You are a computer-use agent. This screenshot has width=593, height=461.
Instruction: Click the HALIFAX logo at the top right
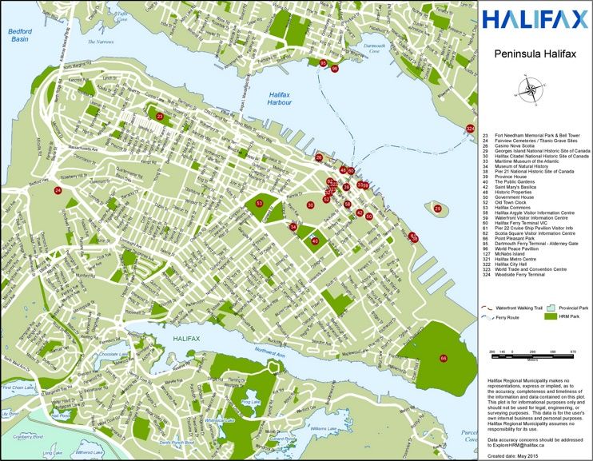[535, 19]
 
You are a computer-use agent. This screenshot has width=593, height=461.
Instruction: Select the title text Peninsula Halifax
[535, 55]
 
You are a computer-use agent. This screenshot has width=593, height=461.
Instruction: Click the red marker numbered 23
[160, 117]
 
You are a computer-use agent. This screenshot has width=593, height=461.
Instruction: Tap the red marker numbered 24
[58, 191]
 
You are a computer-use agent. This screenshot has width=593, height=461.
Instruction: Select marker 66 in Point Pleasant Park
[444, 359]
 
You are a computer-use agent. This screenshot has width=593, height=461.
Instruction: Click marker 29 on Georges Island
[437, 209]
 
